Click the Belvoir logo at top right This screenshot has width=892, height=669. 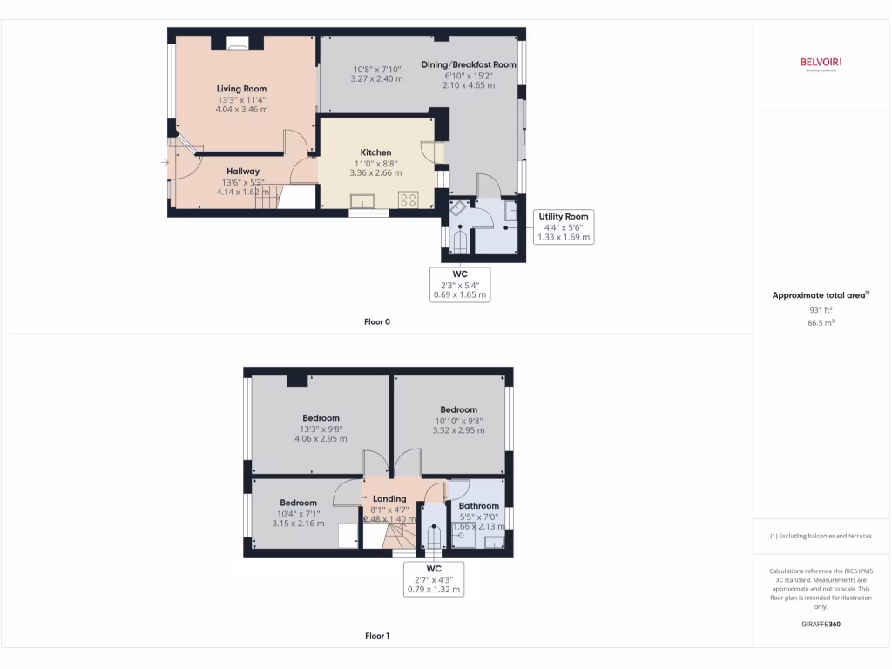[821, 63]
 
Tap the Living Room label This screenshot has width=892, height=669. [241, 89]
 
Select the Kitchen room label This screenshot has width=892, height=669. [375, 152]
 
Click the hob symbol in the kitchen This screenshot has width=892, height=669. [408, 199]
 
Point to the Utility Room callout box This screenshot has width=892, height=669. [564, 226]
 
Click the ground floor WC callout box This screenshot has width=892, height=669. [461, 284]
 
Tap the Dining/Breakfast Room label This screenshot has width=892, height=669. [469, 64]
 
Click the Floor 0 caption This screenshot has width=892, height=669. [376, 321]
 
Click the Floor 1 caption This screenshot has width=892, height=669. [376, 636]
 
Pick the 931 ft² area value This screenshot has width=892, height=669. [821, 309]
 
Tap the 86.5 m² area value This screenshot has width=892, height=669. [821, 322]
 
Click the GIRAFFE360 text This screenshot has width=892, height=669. [821, 625]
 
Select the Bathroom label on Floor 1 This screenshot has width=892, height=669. [479, 505]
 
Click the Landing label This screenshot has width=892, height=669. [390, 499]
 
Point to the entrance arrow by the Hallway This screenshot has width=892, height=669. [166, 162]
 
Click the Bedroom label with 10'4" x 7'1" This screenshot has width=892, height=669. [298, 503]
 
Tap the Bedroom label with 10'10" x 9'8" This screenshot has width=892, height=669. [458, 409]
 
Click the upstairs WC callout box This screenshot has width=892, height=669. [434, 578]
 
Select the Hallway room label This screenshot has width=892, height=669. [243, 171]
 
